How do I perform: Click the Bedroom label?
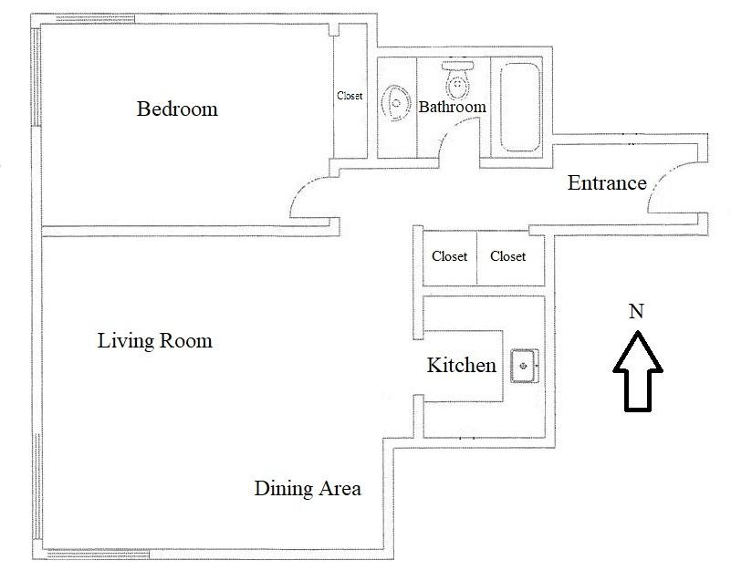click(177, 109)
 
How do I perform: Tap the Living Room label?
click(155, 340)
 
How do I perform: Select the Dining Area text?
click(308, 488)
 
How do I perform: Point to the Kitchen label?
click(462, 365)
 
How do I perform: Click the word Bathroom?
click(453, 107)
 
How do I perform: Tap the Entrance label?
click(607, 182)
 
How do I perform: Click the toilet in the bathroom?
click(458, 79)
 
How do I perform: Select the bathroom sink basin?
click(396, 103)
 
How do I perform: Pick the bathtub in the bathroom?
click(520, 107)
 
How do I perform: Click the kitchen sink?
click(525, 366)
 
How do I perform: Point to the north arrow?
click(638, 371)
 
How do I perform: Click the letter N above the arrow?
click(636, 311)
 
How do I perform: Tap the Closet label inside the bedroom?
click(350, 96)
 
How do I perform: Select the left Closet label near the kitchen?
click(449, 256)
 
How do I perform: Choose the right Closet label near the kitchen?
click(507, 256)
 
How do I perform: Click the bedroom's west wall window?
click(37, 77)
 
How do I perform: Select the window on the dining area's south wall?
click(98, 554)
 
